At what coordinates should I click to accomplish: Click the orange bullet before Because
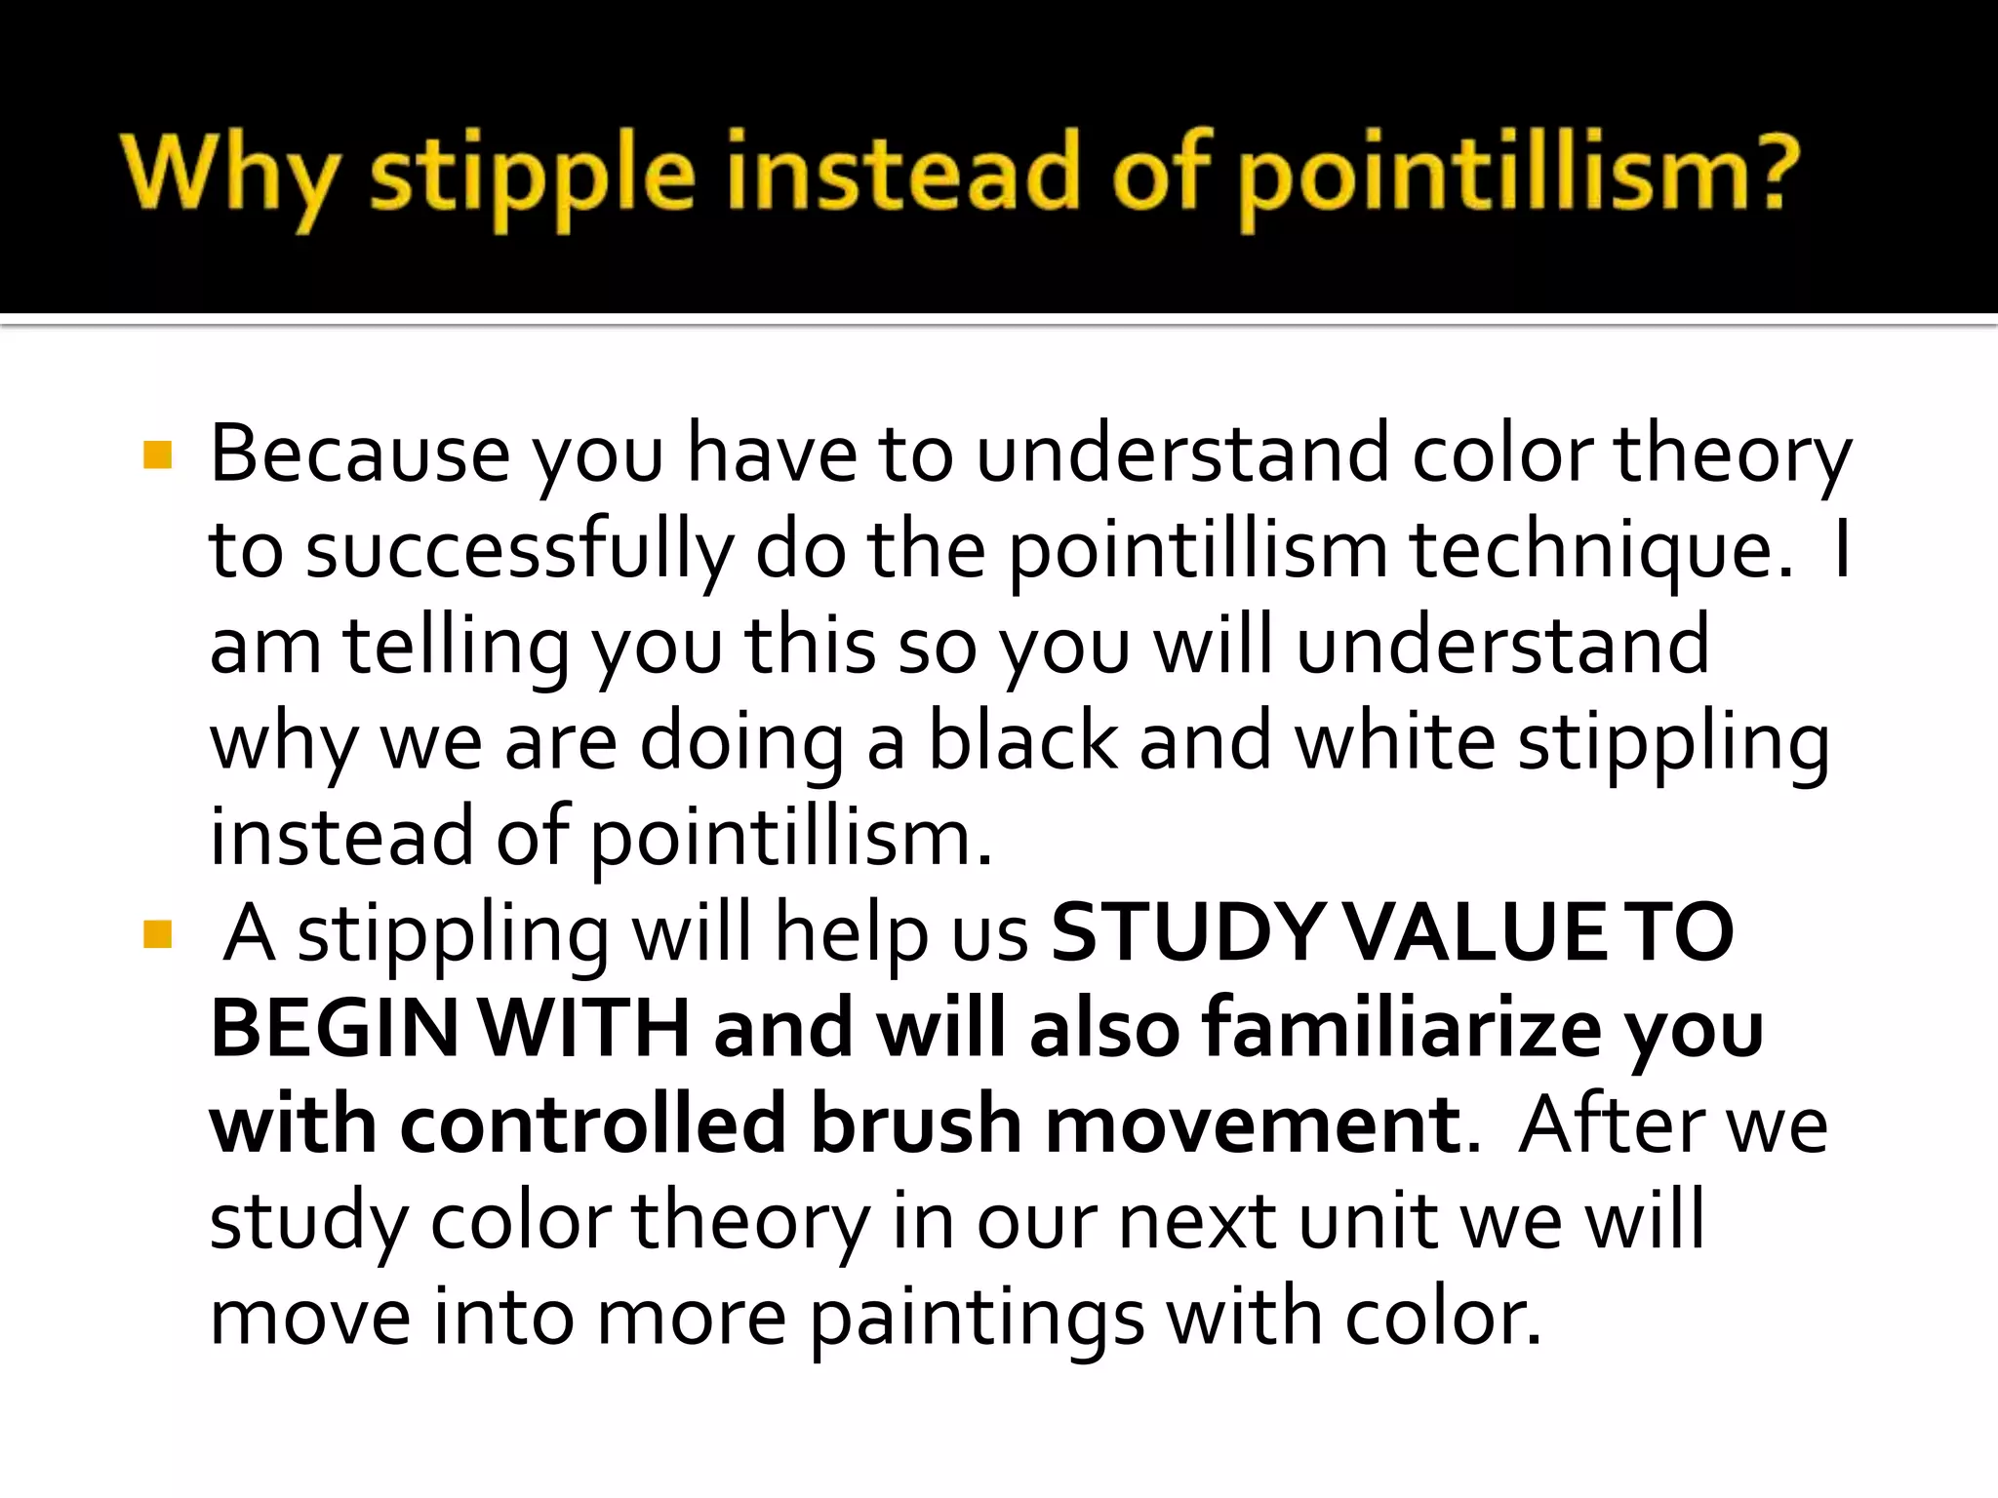tap(157, 456)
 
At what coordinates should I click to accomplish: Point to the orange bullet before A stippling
tap(157, 934)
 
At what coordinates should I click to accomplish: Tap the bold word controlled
tap(593, 1124)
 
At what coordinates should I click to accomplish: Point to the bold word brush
tap(916, 1124)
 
